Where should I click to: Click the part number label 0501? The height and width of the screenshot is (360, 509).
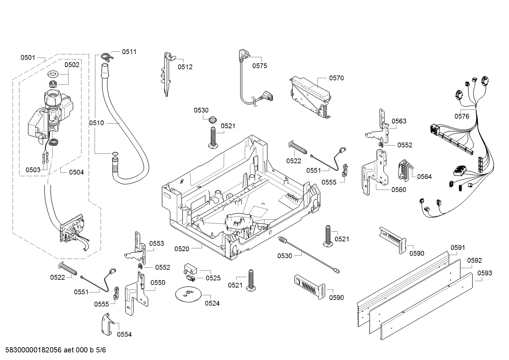tap(28, 57)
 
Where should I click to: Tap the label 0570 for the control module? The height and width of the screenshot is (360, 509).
tap(336, 78)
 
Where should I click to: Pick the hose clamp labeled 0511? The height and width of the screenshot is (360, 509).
tap(105, 56)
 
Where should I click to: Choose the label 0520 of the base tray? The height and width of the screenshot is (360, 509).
tap(182, 249)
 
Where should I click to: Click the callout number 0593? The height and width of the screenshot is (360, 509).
tap(485, 273)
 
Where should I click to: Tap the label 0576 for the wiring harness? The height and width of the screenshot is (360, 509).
tap(462, 116)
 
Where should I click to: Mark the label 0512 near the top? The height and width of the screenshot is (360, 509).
tap(185, 67)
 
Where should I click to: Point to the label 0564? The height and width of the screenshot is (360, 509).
tap(424, 177)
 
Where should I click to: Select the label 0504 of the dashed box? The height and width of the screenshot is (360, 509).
tap(76, 172)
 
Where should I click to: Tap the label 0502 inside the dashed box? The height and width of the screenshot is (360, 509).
tap(72, 65)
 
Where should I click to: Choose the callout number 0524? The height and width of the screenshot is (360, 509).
tap(212, 303)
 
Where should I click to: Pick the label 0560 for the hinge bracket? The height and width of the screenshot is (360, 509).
tap(399, 190)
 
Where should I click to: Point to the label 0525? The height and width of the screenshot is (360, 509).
tap(213, 278)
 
